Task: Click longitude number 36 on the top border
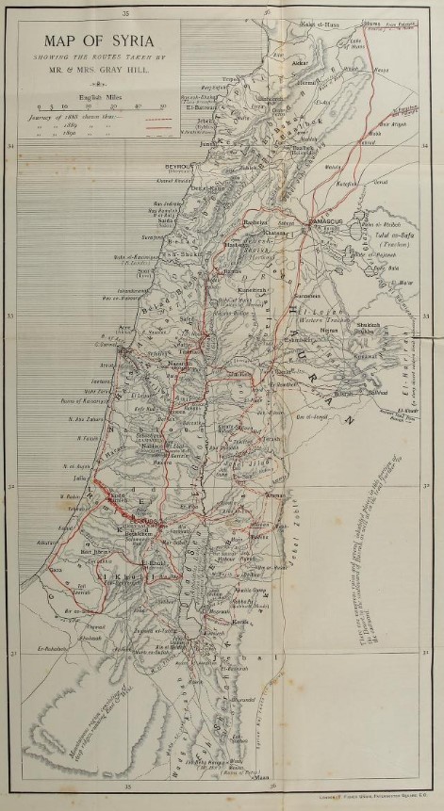269,12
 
